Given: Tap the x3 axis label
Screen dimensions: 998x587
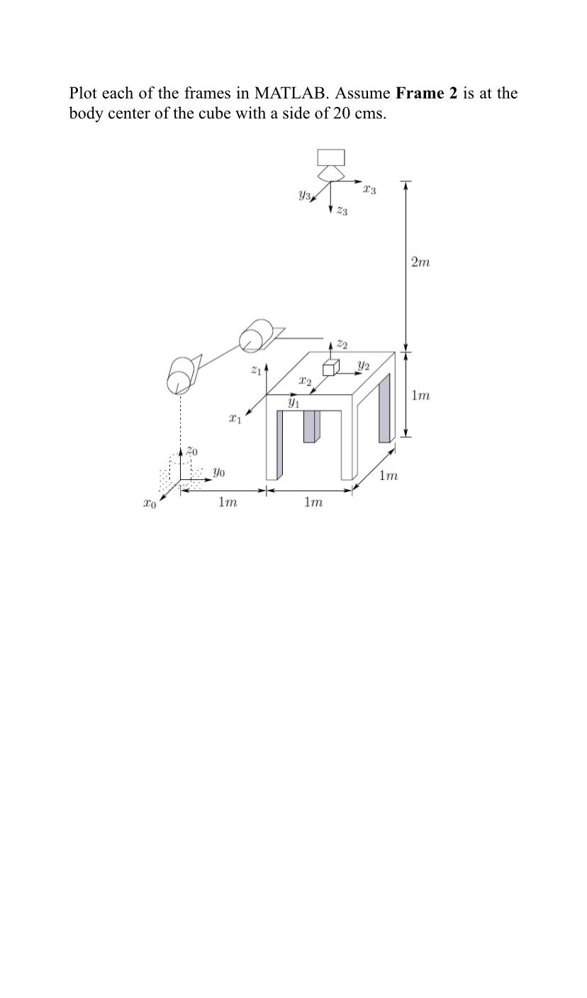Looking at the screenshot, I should [369, 189].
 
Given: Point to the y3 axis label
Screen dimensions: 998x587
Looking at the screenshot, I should [305, 195].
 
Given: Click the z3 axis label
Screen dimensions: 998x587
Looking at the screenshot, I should [342, 211].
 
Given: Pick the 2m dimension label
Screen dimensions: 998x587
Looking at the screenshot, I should [420, 262].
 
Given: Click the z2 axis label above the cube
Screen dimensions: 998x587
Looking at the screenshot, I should [342, 344].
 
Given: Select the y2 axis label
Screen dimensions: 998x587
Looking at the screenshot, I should [363, 366].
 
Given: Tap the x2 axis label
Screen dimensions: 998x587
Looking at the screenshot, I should [305, 381].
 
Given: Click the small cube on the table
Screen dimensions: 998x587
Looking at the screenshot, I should [330, 368].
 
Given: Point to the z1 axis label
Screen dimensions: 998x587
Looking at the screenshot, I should [256, 369].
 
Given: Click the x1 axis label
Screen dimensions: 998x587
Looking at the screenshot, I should [235, 419].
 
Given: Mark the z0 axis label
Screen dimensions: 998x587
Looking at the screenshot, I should [192, 451].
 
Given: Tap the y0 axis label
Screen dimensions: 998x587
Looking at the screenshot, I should [219, 471].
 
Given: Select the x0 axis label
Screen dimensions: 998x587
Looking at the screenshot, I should [149, 504].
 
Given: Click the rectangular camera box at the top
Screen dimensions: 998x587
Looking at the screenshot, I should [331, 157].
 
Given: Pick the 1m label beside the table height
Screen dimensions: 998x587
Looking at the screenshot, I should [420, 396].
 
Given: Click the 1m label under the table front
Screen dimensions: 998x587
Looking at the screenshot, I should [313, 502].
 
